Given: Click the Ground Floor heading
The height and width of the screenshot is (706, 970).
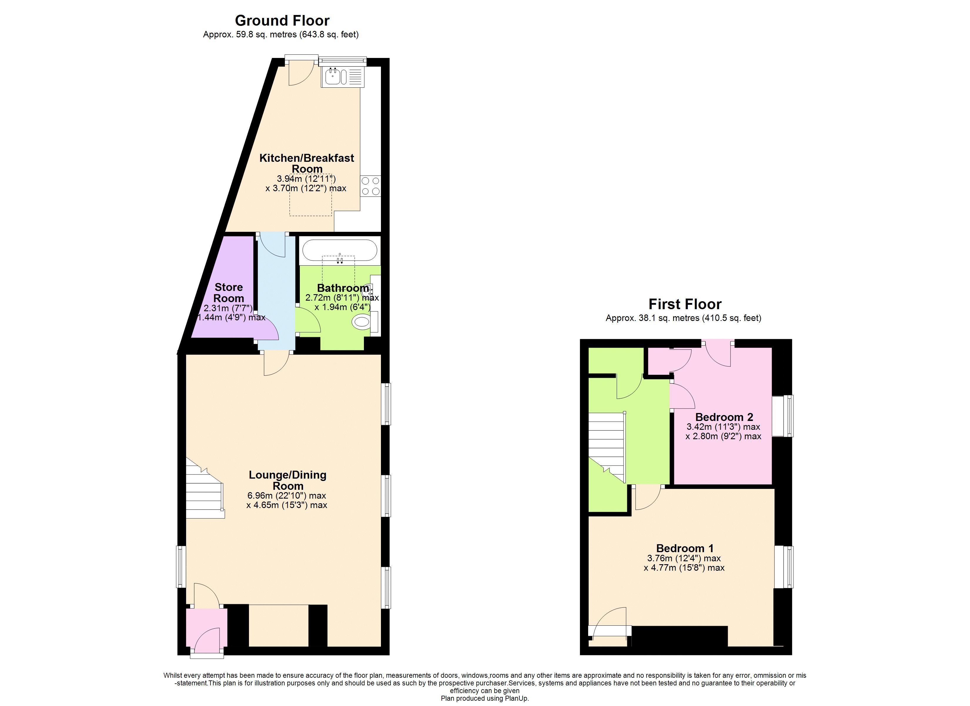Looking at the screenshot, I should click(x=282, y=21).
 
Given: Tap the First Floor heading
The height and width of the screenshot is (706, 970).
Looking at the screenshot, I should click(x=685, y=304).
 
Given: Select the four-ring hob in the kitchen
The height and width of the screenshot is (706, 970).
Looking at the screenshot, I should click(x=370, y=186).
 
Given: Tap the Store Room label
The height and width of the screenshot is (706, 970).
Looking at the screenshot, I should click(x=229, y=292).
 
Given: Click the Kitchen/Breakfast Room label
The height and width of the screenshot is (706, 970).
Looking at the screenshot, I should click(x=307, y=163).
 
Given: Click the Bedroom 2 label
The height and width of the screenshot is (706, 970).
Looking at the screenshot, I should click(x=724, y=417).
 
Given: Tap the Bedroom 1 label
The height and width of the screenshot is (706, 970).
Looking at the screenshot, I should click(x=685, y=548).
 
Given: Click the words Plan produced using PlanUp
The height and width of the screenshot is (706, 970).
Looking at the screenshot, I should click(x=485, y=698).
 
